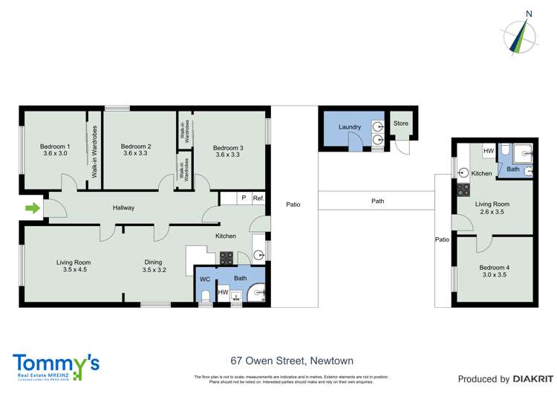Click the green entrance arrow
(32, 209)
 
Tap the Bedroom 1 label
(56, 146)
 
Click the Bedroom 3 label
(228, 146)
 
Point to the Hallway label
(123, 208)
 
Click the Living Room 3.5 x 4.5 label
(74, 262)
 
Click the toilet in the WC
(205, 295)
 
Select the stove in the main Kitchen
(226, 258)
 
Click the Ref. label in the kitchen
(258, 198)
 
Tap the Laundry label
(349, 127)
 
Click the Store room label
(401, 123)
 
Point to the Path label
(377, 201)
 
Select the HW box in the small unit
(488, 152)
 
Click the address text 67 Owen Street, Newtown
(278, 361)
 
